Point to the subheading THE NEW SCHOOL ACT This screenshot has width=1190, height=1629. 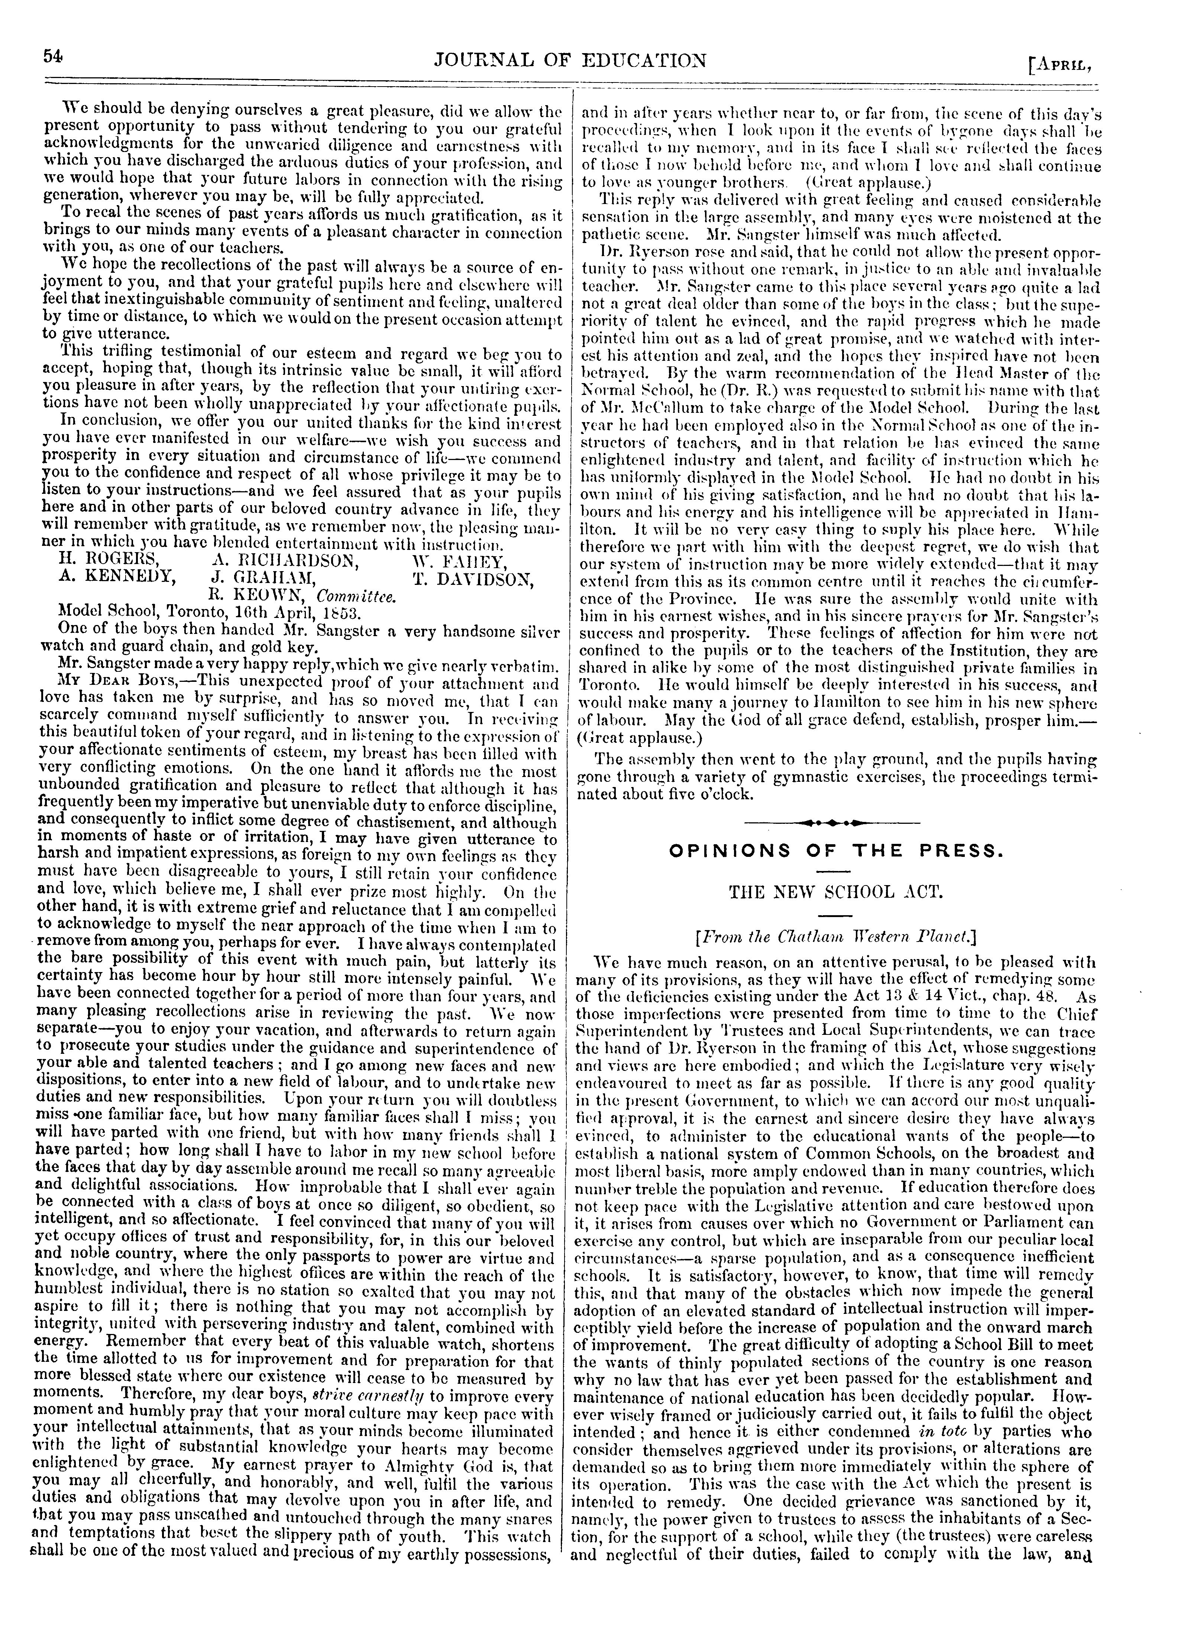point(835,893)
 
